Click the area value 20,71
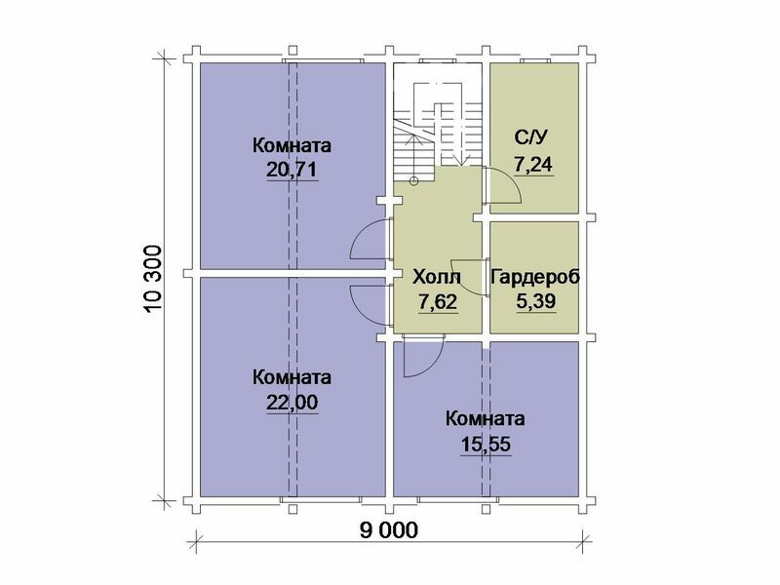pyautogui.click(x=292, y=170)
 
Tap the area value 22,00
pyautogui.click(x=292, y=401)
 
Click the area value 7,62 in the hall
pyautogui.click(x=438, y=301)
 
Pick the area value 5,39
pyautogui.click(x=535, y=301)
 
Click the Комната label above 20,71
pyautogui.click(x=292, y=145)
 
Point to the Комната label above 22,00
pyautogui.click(x=292, y=376)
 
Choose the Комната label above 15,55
pyautogui.click(x=486, y=419)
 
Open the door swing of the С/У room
pyautogui.click(x=506, y=185)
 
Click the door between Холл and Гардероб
pyautogui.click(x=471, y=281)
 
